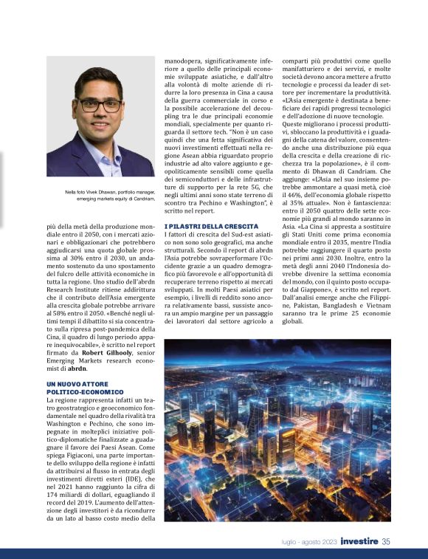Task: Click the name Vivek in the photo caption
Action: pos(85,193)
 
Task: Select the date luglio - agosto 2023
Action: pos(309,542)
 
